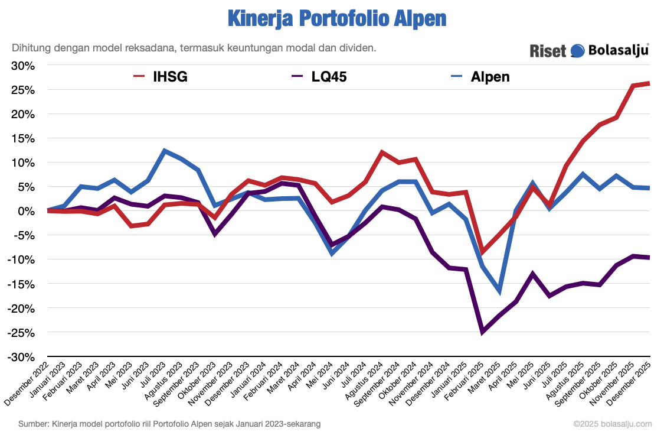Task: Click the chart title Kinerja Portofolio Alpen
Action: (336, 19)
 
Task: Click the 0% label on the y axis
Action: (27, 211)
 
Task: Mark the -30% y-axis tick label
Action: (22, 357)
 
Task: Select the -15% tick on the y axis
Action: (22, 284)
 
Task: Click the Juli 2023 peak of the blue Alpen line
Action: (165, 151)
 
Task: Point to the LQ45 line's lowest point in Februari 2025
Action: (482, 332)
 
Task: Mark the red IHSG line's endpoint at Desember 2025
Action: (649, 83)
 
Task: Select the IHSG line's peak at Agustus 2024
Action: (382, 152)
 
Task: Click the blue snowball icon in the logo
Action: (577, 51)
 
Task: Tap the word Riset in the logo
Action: (548, 51)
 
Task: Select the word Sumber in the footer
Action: (33, 424)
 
